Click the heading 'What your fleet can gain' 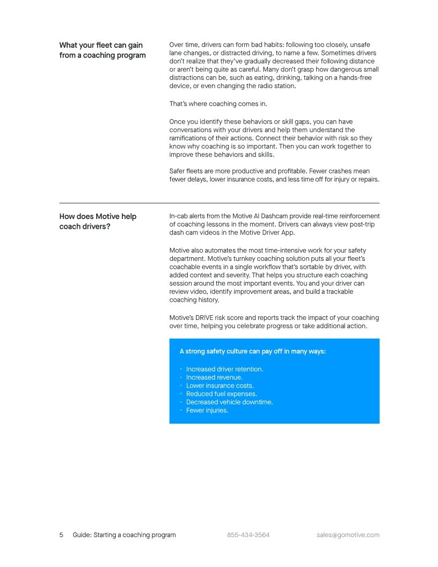click(x=101, y=45)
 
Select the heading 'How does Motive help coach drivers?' click(x=98, y=221)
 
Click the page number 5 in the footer click(x=61, y=535)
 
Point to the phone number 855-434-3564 click(x=248, y=535)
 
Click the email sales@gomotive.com click(x=348, y=535)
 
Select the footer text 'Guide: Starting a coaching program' click(x=124, y=535)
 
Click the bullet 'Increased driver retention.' click(x=224, y=369)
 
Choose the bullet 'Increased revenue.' click(x=214, y=377)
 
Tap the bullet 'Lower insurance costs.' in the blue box click(x=220, y=386)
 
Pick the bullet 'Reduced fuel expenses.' click(x=222, y=394)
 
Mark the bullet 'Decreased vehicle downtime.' click(x=229, y=402)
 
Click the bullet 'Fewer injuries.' click(x=207, y=410)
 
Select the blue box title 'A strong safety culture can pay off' click(x=252, y=351)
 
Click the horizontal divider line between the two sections click(x=219, y=203)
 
